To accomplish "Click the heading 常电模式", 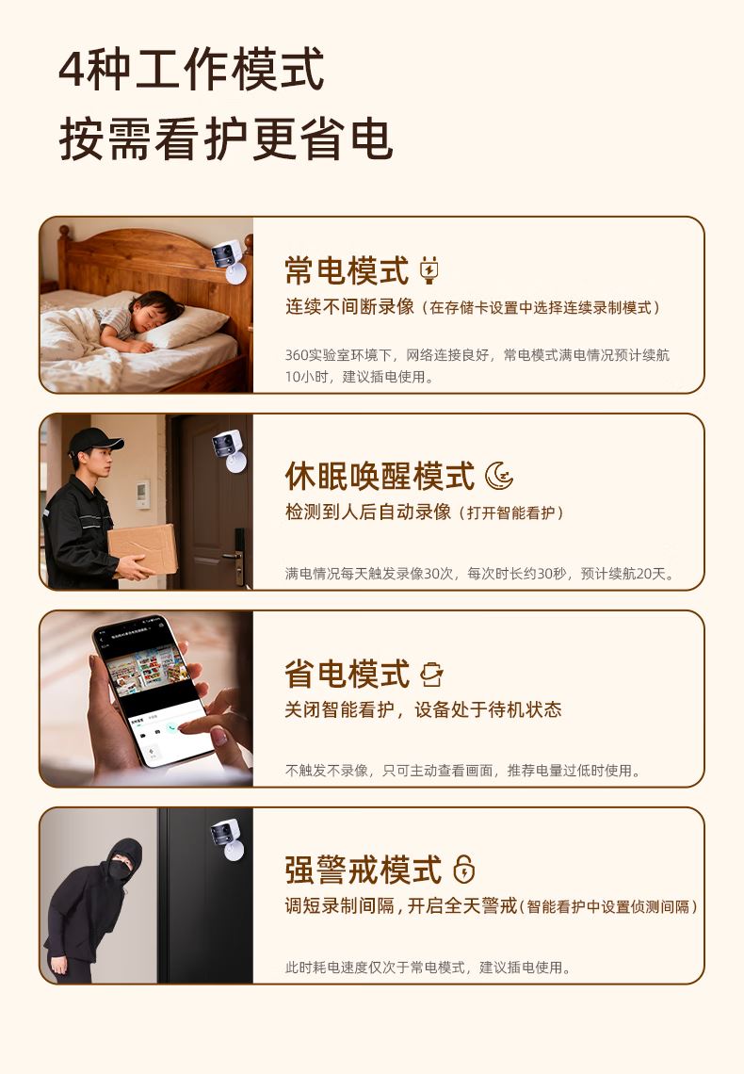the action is [x=347, y=270].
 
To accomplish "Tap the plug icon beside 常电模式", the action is [x=429, y=269].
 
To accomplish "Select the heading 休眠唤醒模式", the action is [x=380, y=476].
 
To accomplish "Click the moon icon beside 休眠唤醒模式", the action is [x=499, y=476].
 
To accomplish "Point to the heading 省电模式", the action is [x=347, y=674].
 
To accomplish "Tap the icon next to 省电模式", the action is [x=432, y=674].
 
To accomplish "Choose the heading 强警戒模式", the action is [x=363, y=870].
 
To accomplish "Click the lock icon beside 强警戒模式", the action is [x=464, y=870].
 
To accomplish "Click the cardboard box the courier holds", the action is [x=142, y=548].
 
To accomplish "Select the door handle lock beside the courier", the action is [x=236, y=556].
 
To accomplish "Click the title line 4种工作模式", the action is [x=191, y=69].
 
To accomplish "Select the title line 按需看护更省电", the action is [x=226, y=139].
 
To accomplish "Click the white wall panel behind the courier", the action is [x=143, y=494].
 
